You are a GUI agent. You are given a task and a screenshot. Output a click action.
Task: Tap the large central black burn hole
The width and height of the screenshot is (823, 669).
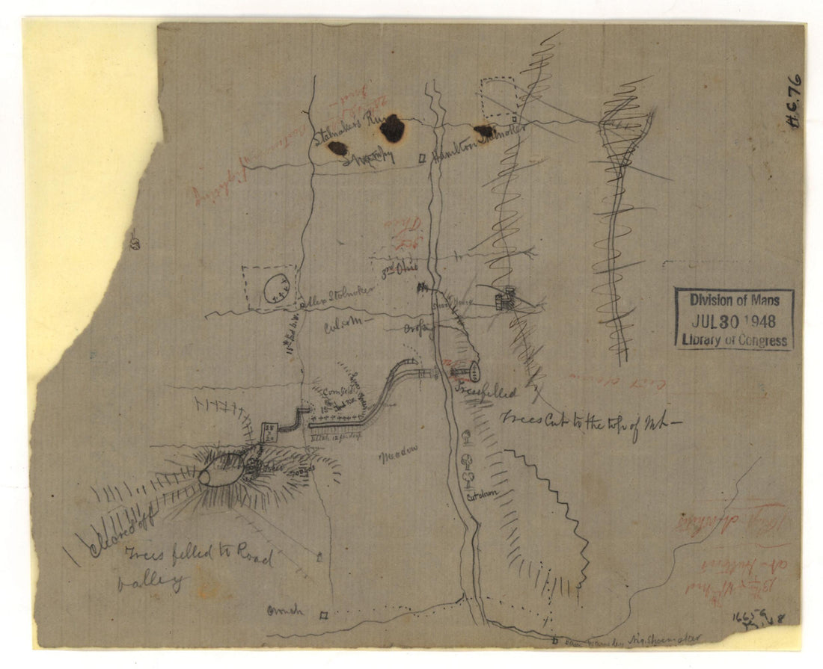(392, 129)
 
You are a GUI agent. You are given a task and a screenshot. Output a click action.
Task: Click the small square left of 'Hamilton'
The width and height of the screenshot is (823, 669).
(423, 158)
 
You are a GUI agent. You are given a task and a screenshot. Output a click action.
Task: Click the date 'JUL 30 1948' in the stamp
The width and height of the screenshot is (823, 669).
(733, 321)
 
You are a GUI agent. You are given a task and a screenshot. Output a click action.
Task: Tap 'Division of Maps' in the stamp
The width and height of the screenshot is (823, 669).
(734, 300)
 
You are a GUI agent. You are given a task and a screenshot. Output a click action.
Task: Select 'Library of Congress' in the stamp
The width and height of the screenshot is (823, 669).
(734, 340)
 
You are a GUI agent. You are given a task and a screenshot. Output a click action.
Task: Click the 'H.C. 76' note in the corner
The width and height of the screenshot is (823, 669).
(794, 100)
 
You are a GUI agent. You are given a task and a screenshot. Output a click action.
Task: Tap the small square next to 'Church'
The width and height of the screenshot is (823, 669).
(323, 616)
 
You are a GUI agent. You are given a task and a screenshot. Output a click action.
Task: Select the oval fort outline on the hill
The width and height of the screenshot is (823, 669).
(222, 470)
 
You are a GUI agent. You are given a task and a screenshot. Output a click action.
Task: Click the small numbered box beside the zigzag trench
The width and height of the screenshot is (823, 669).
(268, 431)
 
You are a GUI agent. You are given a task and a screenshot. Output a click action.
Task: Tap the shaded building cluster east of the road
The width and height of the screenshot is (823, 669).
(506, 298)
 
